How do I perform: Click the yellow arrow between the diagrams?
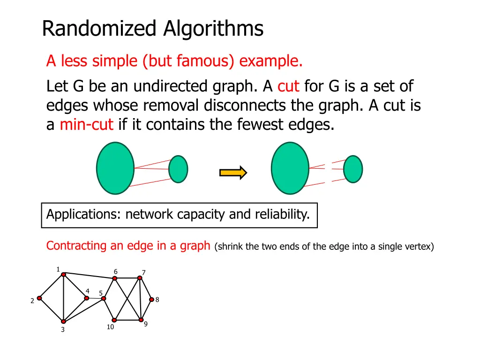(233, 172)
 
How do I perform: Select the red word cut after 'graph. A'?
(288, 87)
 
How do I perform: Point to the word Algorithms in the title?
(213, 29)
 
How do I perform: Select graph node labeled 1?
(64, 275)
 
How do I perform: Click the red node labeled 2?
(39, 298)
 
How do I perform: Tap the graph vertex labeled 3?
(63, 322)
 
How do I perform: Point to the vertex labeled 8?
(151, 300)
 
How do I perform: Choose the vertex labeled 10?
(114, 320)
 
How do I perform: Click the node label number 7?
(144, 272)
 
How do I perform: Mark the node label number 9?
(146, 324)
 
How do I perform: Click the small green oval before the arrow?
(178, 169)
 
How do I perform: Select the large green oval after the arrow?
(290, 168)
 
